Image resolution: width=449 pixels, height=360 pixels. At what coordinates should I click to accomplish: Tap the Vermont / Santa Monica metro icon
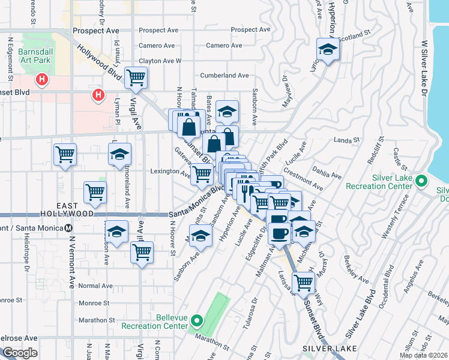(x=68, y=228)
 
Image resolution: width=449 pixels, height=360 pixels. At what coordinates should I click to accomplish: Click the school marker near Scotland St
(x=328, y=50)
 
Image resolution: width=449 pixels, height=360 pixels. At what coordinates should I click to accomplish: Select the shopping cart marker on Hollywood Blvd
(x=136, y=77)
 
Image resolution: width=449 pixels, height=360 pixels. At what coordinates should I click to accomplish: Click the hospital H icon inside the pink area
(x=42, y=79)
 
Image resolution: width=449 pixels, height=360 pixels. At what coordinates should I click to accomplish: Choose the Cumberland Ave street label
(x=224, y=76)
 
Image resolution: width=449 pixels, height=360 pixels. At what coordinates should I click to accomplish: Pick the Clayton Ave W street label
(x=160, y=61)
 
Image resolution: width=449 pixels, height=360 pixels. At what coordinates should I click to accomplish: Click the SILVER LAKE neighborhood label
(x=330, y=349)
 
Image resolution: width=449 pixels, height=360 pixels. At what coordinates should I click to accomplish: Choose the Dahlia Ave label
(x=328, y=173)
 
